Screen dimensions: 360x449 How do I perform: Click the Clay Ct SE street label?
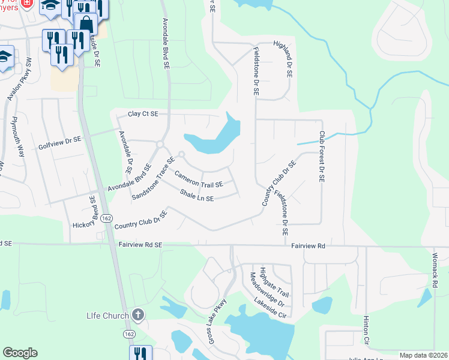[142, 113]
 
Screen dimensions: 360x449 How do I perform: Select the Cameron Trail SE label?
[199, 180]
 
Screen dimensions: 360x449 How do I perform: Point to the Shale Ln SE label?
[197, 196]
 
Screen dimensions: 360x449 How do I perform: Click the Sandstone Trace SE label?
[153, 179]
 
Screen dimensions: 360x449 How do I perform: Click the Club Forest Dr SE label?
[322, 157]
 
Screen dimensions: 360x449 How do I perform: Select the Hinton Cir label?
[366, 332]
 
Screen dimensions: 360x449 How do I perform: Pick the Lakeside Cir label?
[271, 305]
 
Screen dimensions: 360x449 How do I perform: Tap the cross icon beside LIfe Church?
[138, 314]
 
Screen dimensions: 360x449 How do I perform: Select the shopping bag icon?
[86, 25]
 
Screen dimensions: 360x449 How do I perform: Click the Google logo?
[20, 353]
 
